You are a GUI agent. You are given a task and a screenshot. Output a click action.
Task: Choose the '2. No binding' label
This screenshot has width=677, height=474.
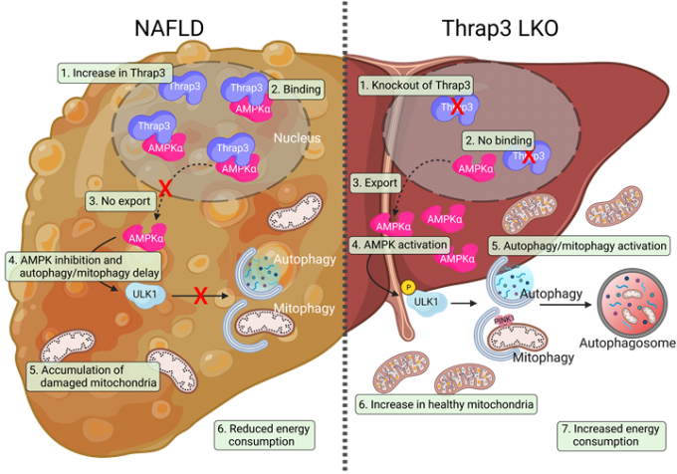pos(499,140)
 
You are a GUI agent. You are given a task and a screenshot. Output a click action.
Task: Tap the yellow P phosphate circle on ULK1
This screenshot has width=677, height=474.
pos(408,286)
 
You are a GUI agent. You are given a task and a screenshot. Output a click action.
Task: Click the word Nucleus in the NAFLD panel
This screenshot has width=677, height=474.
pos(300,137)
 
